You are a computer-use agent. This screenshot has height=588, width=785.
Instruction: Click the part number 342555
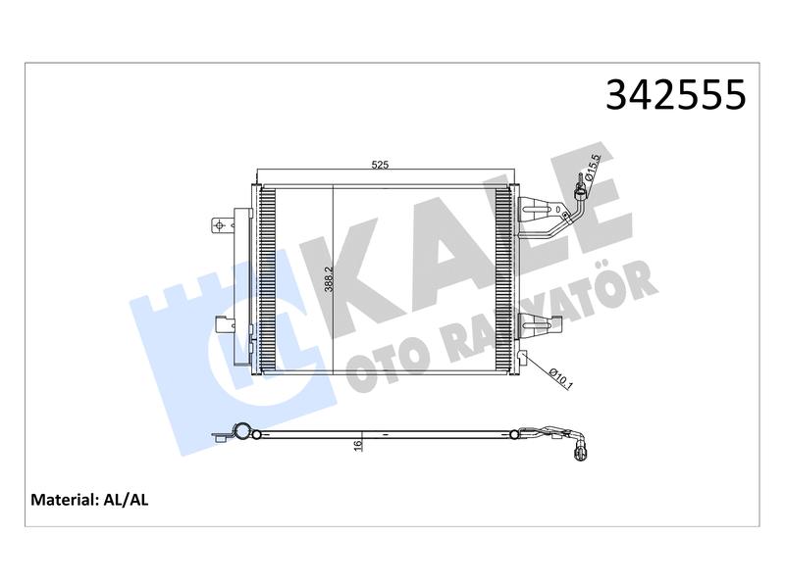675,94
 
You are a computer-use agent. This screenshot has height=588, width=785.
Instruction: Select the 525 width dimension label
380,165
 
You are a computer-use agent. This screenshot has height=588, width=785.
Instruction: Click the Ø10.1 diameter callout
559,378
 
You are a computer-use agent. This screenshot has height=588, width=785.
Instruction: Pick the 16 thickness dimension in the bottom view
357,446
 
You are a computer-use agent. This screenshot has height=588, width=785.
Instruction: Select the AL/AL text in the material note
126,500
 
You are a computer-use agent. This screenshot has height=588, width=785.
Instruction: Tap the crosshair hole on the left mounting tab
218,225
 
